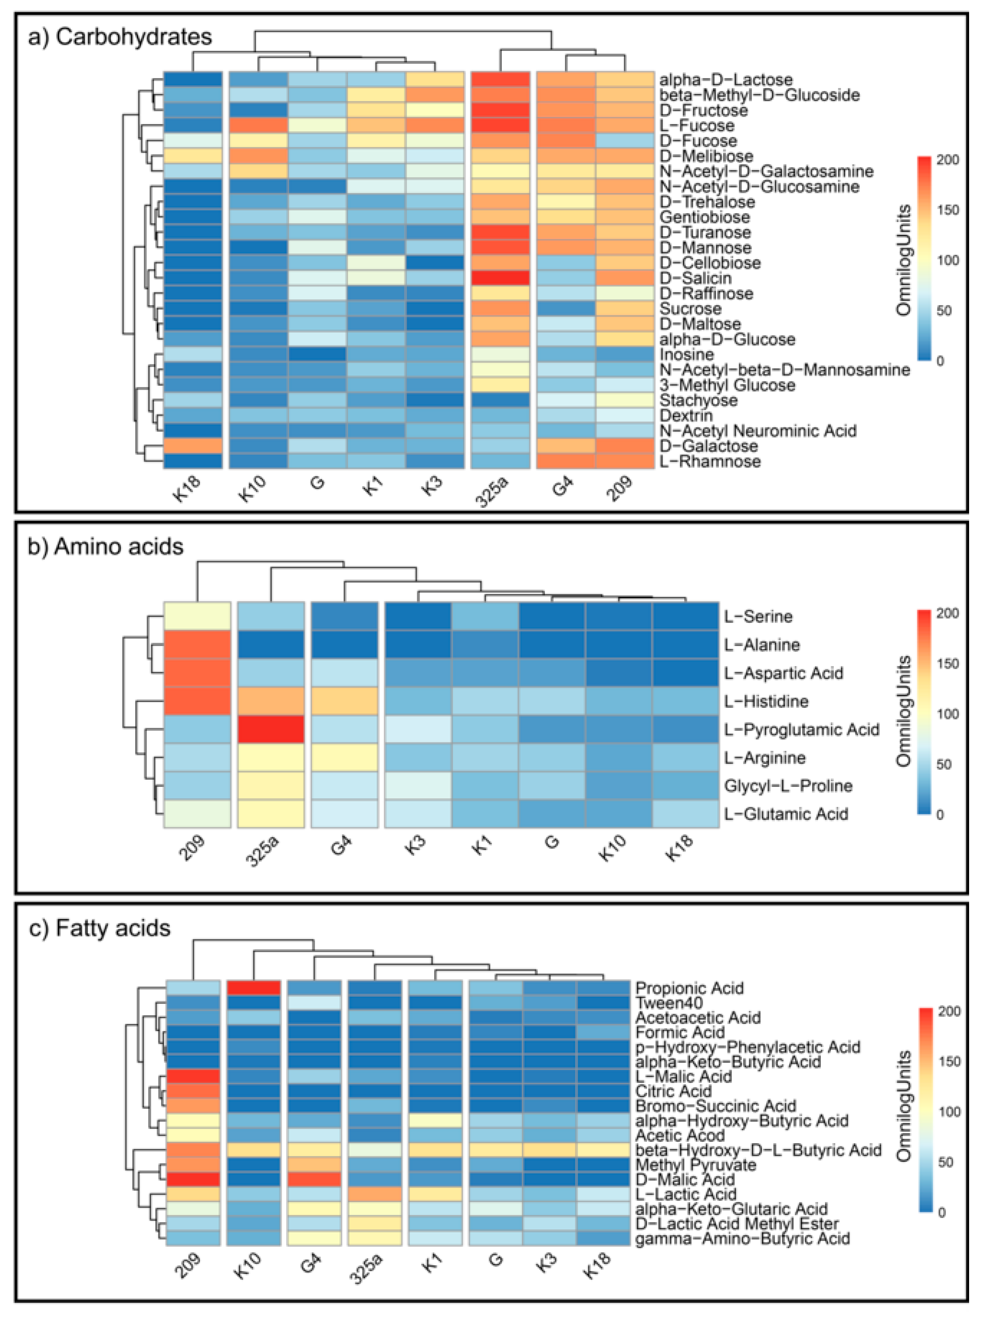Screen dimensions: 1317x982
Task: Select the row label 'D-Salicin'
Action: tap(695, 278)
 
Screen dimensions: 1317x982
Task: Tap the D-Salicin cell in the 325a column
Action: tap(500, 278)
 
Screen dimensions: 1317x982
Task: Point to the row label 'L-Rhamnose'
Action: tap(710, 461)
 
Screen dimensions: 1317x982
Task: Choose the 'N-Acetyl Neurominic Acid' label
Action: tap(758, 430)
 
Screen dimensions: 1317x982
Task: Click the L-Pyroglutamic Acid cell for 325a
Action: tap(270, 729)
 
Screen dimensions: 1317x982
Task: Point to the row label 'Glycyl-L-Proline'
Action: tap(788, 786)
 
